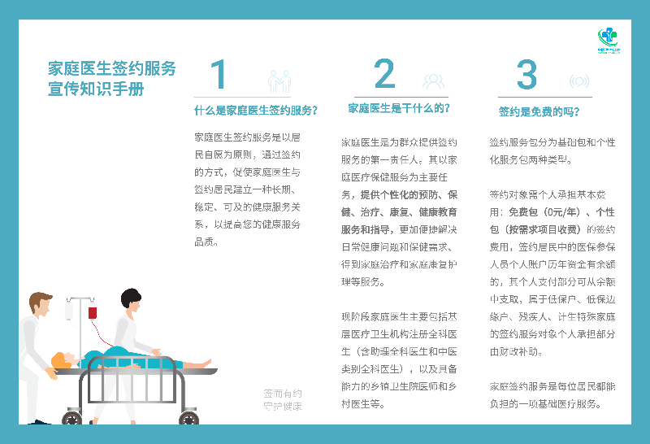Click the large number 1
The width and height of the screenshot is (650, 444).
point(219,76)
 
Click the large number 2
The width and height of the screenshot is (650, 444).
point(384,76)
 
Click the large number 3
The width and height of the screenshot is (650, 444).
point(527,76)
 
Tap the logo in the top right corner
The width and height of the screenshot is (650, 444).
point(608,39)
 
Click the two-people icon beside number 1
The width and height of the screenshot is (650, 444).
point(279,81)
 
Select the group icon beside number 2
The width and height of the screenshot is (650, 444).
point(433,81)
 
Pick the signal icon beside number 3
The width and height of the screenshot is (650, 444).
point(578,81)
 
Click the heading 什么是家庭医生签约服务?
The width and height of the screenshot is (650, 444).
point(255,111)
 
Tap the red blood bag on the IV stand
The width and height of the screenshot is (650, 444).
point(93,311)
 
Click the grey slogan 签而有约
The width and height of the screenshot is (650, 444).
point(283,392)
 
